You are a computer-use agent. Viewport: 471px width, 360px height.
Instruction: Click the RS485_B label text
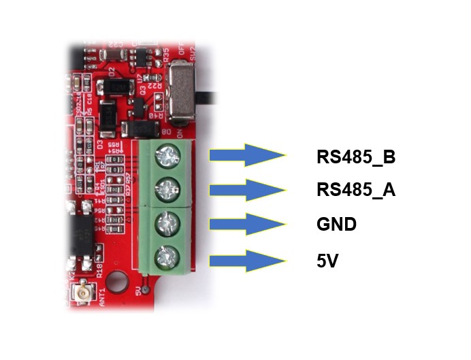[x=356, y=157]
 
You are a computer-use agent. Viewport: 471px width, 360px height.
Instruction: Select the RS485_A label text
[x=356, y=190]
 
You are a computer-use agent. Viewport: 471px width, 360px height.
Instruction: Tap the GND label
[x=336, y=224]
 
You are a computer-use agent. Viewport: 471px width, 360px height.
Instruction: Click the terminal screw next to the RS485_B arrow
[x=165, y=157]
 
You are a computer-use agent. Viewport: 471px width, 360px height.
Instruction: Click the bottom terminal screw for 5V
[x=165, y=257]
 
